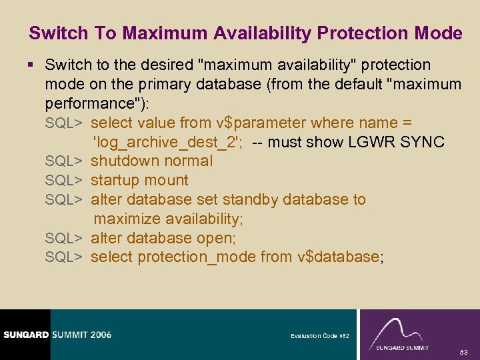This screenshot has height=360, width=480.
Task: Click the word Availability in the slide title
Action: [x=259, y=33]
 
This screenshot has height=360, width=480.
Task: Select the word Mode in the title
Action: [x=440, y=33]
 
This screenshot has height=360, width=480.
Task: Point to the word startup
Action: [x=115, y=181]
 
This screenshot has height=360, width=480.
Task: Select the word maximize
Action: [x=126, y=219]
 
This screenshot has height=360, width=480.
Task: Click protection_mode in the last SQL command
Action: [x=199, y=257]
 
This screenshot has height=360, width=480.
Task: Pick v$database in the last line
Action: [x=338, y=257]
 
